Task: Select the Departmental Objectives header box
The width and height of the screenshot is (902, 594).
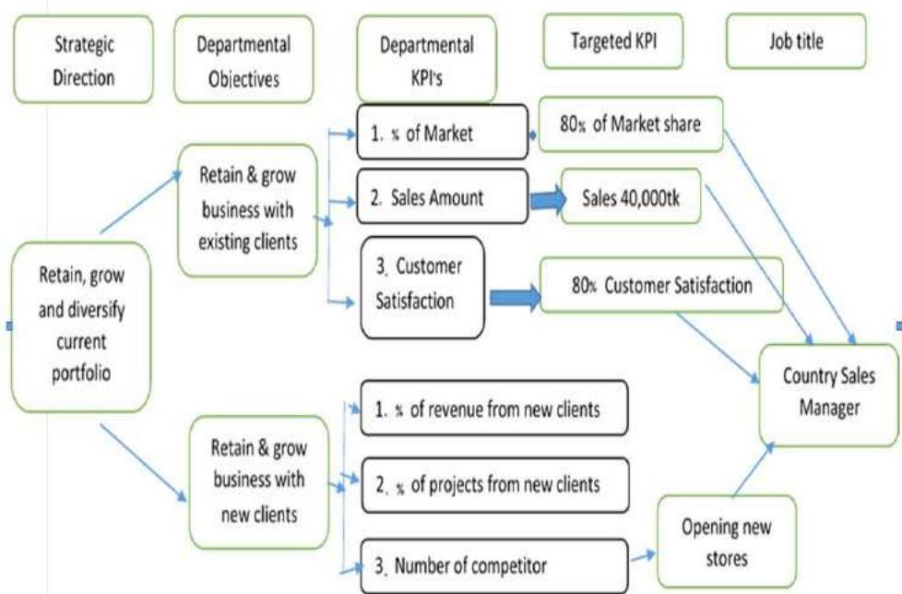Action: tap(244, 60)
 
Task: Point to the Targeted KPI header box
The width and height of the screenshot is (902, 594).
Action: tap(613, 42)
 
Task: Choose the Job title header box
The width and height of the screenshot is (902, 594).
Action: tap(797, 42)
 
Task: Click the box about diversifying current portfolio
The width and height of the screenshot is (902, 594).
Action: tap(82, 327)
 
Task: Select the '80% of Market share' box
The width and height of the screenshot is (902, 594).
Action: tap(629, 123)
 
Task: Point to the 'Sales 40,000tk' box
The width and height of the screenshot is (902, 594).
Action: tap(631, 196)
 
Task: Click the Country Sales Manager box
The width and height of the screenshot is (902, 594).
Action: tap(828, 392)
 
